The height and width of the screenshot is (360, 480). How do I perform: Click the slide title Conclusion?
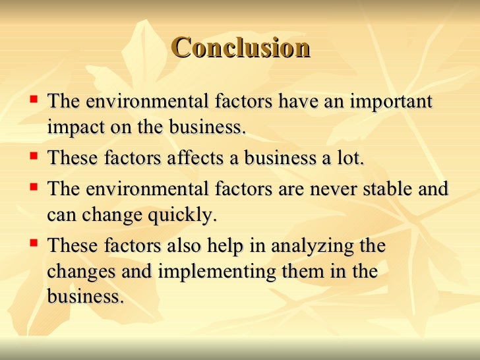click(x=240, y=48)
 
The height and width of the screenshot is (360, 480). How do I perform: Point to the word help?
click(x=226, y=246)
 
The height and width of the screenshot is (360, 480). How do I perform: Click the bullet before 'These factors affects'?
click(x=34, y=157)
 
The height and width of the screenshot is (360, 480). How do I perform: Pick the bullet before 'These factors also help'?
click(x=34, y=245)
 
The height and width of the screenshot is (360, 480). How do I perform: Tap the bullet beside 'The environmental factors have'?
click(x=34, y=101)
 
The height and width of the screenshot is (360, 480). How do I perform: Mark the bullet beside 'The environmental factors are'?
click(x=34, y=187)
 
